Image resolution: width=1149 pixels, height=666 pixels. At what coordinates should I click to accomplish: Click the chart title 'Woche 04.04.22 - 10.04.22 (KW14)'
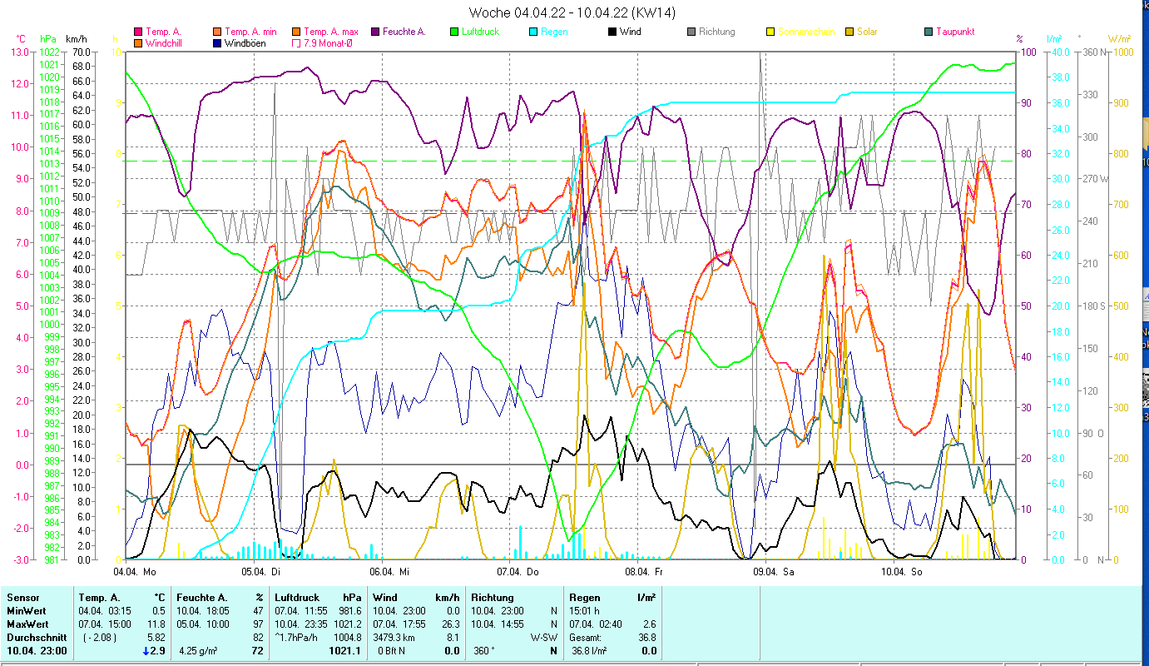pyautogui.click(x=572, y=12)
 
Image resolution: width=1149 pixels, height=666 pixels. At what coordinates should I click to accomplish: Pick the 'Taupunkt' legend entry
pyautogui.click(x=954, y=32)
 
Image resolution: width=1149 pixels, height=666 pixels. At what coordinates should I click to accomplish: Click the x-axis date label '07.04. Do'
pyautogui.click(x=518, y=572)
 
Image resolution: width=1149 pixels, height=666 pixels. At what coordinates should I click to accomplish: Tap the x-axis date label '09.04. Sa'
pyautogui.click(x=773, y=572)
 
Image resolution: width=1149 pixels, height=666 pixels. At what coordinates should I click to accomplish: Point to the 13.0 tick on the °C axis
pyautogui.click(x=19, y=52)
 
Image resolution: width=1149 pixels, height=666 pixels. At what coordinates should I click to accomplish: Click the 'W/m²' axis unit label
pyautogui.click(x=1120, y=38)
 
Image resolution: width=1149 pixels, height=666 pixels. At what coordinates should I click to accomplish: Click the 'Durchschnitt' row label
pyautogui.click(x=33, y=637)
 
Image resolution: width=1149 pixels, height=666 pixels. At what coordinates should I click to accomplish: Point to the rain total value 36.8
pyautogui.click(x=646, y=637)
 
